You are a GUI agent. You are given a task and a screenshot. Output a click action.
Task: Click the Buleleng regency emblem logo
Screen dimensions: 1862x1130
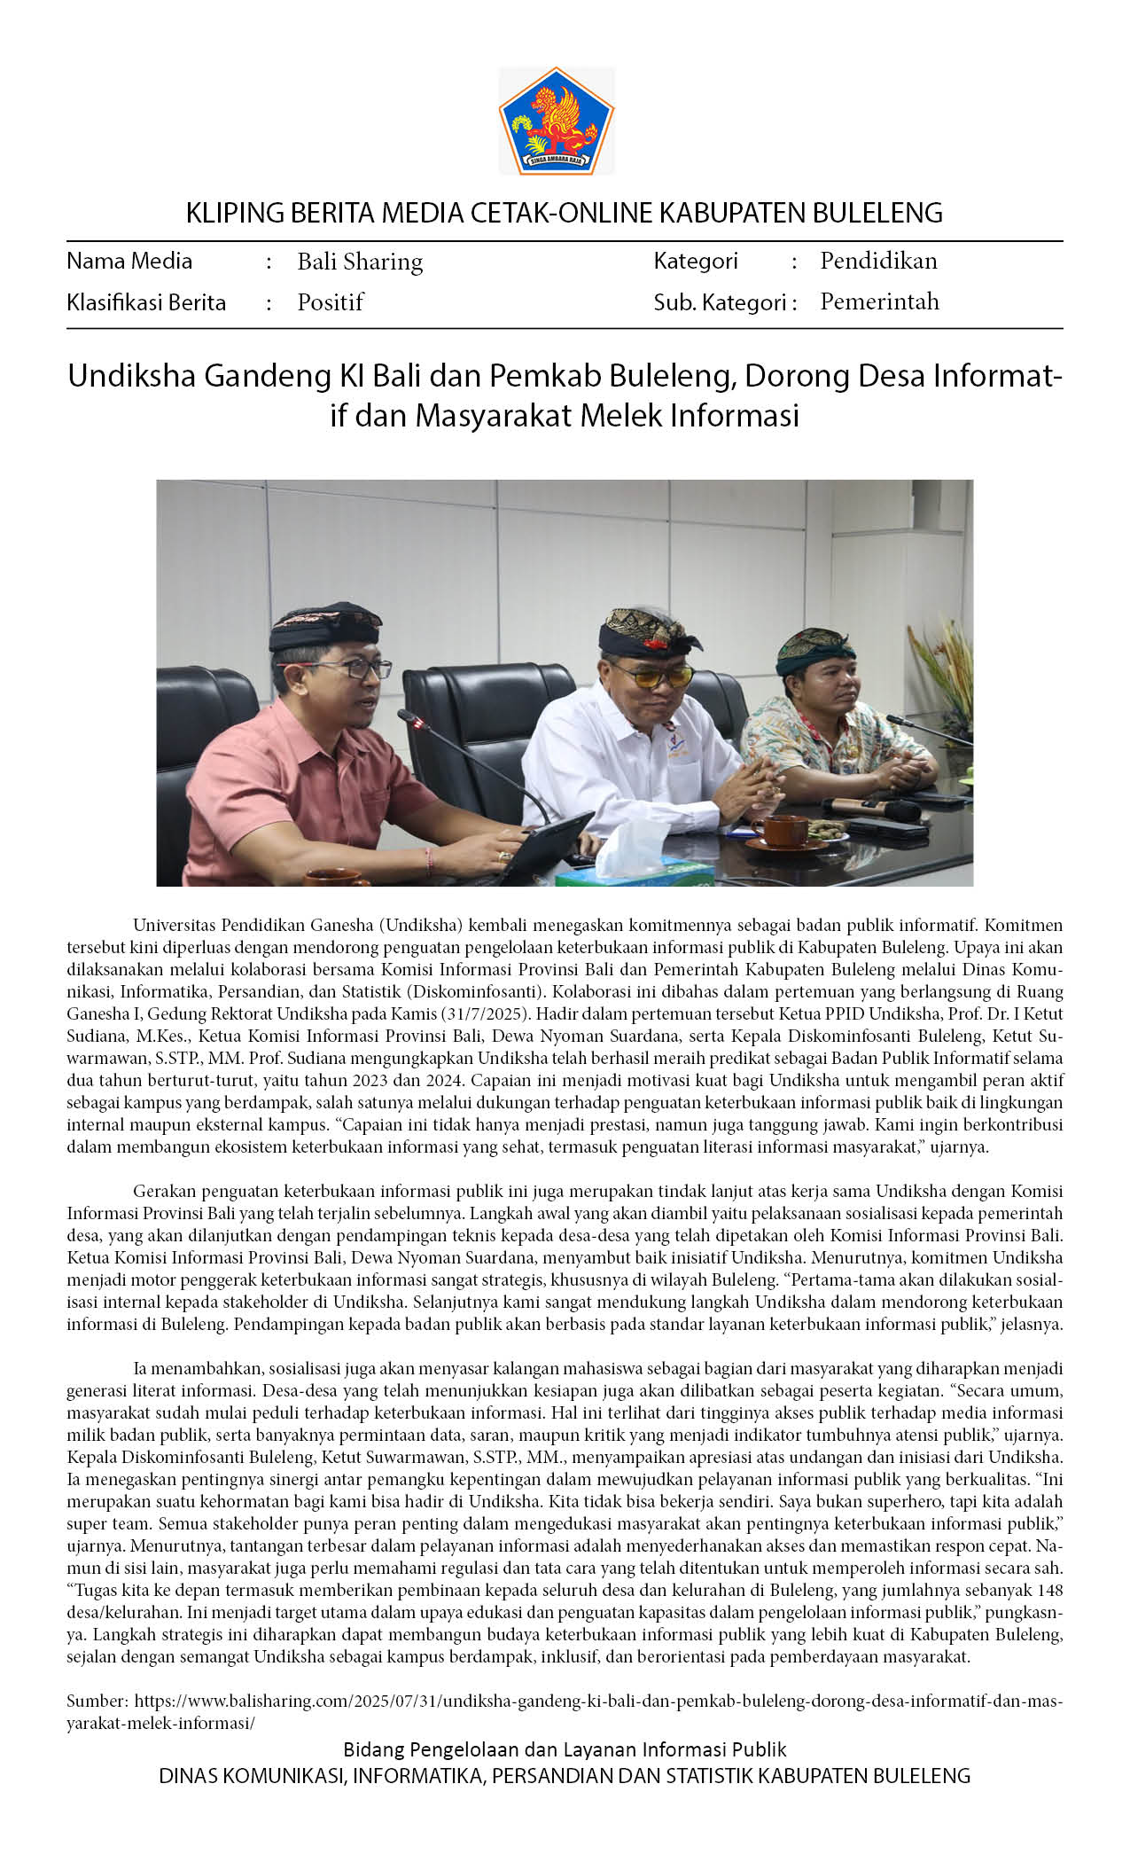tap(556, 121)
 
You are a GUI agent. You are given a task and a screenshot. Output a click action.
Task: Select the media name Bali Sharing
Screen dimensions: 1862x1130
tap(360, 262)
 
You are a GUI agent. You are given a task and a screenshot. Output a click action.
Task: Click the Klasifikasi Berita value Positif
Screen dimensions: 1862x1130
tap(330, 302)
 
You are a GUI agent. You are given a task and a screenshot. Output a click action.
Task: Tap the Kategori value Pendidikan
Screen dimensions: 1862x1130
tap(878, 261)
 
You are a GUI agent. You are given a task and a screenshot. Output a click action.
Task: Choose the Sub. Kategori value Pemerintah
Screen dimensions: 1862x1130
tap(879, 301)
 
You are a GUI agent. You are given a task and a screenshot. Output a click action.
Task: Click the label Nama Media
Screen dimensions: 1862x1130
tap(129, 261)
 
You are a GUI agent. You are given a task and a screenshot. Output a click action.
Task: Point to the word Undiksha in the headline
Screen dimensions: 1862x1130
tap(132, 376)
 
